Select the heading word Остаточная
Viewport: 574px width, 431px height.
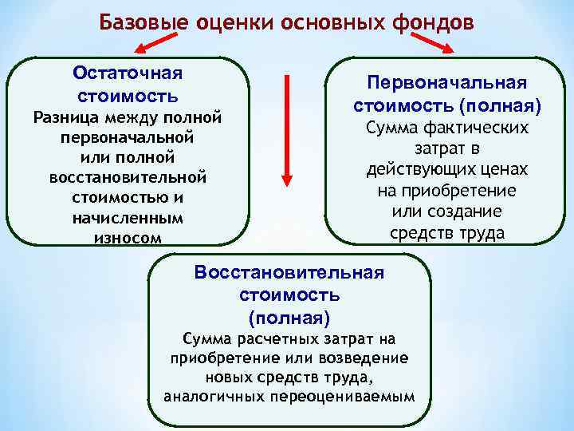point(128,73)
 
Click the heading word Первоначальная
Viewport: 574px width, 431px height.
point(446,83)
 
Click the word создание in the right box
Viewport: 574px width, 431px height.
point(470,212)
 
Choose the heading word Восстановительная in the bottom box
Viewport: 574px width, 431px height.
point(289,272)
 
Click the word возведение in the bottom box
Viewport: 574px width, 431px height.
point(366,358)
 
